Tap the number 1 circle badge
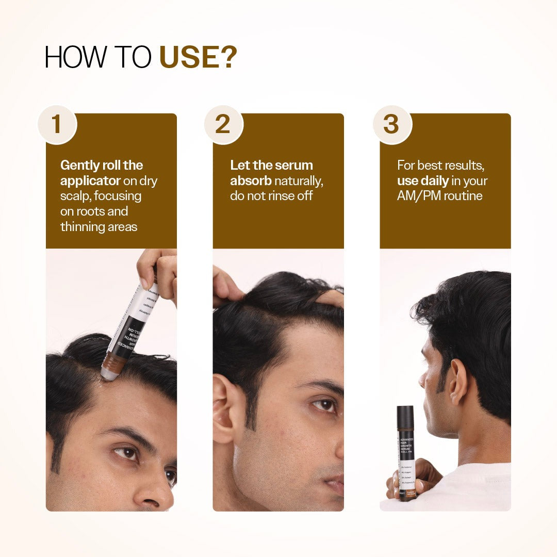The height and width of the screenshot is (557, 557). point(57,124)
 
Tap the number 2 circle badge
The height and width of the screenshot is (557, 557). point(223,124)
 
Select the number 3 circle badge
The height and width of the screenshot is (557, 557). point(391,124)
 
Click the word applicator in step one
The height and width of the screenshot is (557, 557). point(90,181)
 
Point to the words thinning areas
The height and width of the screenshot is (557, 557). point(99,226)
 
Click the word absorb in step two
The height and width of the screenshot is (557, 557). point(251,181)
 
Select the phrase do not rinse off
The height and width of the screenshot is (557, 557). point(271,196)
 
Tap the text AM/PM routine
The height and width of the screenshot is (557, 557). point(439,196)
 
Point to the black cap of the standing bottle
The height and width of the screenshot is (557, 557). point(405,416)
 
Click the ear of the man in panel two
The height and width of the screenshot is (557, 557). point(224,408)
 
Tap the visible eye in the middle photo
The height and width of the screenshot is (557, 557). point(324,405)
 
